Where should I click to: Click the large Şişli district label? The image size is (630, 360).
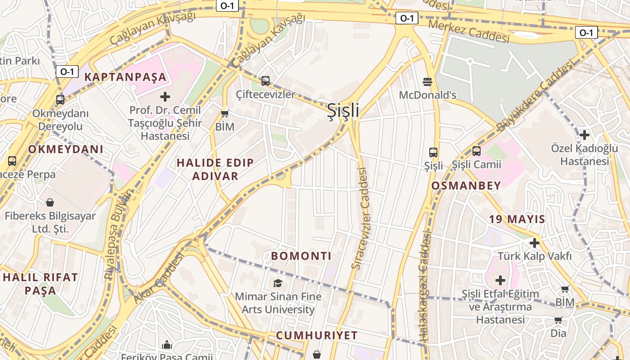[343, 110]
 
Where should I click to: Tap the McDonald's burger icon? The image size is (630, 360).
[427, 81]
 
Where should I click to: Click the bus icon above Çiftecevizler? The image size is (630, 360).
[265, 81]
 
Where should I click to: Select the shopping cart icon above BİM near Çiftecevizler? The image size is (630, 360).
[225, 113]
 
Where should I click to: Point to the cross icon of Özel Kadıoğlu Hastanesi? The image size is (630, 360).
[584, 135]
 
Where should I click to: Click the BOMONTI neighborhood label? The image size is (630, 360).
[301, 256]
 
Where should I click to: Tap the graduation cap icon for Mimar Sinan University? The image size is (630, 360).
[278, 283]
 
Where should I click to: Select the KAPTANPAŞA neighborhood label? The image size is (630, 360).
[125, 77]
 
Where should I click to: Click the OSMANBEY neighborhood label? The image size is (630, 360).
[466, 185]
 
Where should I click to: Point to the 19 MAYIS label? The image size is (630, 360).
[517, 220]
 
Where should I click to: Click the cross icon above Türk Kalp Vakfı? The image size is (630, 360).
[534, 243]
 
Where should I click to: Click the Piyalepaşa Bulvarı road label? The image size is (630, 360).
[117, 234]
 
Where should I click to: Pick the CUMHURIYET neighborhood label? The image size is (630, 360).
[316, 335]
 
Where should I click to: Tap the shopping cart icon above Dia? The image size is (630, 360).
[558, 320]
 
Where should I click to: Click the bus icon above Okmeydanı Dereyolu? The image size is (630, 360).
[60, 100]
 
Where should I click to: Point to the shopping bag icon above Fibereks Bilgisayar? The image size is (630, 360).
[50, 202]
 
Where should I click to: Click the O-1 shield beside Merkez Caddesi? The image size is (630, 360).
[406, 18]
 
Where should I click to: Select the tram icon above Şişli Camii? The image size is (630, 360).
[476, 151]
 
